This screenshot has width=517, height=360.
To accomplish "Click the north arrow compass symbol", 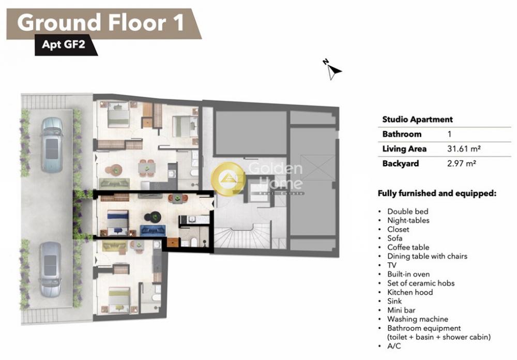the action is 332,69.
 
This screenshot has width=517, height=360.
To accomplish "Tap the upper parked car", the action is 51,145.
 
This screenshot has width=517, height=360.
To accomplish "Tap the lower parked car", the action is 51,269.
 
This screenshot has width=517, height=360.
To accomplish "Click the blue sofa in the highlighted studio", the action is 153,230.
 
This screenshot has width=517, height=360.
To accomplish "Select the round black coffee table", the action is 153,217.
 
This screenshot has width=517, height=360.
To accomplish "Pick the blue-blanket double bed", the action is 118,222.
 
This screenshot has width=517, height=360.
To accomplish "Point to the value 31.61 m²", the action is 464,149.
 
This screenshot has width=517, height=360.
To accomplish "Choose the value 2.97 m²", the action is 461,163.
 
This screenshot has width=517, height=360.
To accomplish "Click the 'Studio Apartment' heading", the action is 417,119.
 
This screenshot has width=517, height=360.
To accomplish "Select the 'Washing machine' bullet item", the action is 417,319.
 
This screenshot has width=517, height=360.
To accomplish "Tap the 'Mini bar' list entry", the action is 401,310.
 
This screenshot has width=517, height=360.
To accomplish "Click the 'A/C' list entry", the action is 394,346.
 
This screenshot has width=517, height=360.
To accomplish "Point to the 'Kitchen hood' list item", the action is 410,292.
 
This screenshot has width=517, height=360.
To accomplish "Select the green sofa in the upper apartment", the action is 114,184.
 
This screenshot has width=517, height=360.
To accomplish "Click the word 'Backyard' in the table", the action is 400,163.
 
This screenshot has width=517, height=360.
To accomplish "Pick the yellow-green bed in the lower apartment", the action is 119,299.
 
